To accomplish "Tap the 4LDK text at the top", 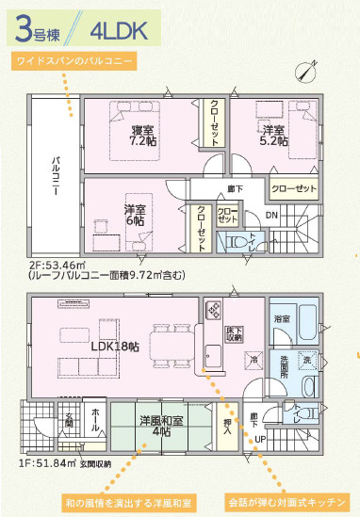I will coord(119,30).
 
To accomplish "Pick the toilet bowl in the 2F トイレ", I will coord(237,243).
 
